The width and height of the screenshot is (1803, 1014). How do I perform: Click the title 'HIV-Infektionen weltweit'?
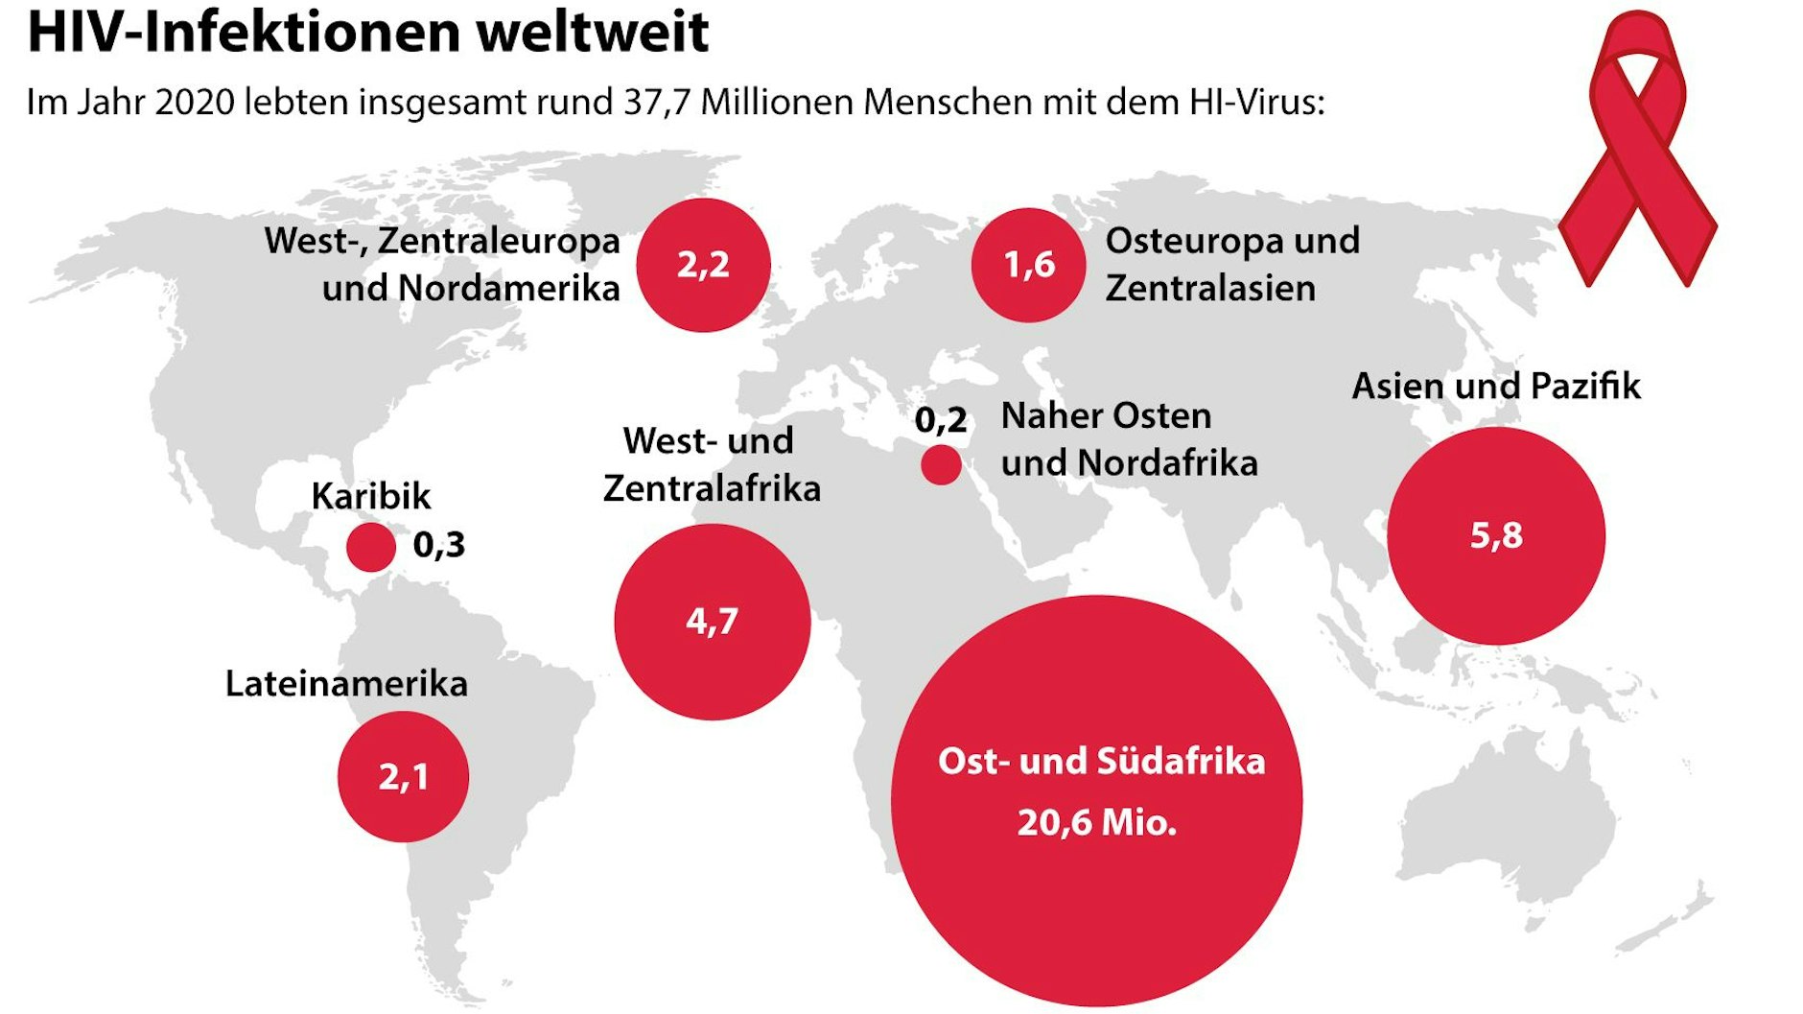[367, 31]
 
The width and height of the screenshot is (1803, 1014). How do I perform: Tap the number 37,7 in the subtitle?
[657, 102]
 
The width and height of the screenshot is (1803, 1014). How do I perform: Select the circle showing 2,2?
[703, 265]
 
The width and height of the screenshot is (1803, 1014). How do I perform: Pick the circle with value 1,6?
[1028, 265]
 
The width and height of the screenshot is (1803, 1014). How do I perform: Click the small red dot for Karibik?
[370, 548]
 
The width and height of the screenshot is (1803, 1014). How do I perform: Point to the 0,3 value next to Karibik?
[438, 545]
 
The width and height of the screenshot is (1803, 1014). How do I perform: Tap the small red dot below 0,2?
[941, 466]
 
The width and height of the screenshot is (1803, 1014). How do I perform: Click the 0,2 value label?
[940, 420]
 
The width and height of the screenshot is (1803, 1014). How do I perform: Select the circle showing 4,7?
[712, 622]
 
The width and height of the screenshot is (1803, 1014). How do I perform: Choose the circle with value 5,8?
[1495, 535]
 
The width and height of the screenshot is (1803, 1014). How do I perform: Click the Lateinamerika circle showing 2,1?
[403, 776]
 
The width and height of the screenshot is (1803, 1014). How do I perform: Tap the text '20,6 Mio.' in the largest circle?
[1096, 823]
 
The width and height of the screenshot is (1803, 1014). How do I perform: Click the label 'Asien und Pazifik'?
[1495, 386]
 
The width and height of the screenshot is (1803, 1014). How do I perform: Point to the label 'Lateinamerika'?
[346, 684]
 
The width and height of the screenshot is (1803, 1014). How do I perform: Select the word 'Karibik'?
[370, 496]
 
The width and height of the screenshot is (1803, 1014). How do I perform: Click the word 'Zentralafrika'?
[712, 488]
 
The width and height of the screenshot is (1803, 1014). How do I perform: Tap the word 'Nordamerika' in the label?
[509, 288]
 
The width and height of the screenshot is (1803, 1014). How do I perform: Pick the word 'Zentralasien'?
[1210, 288]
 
